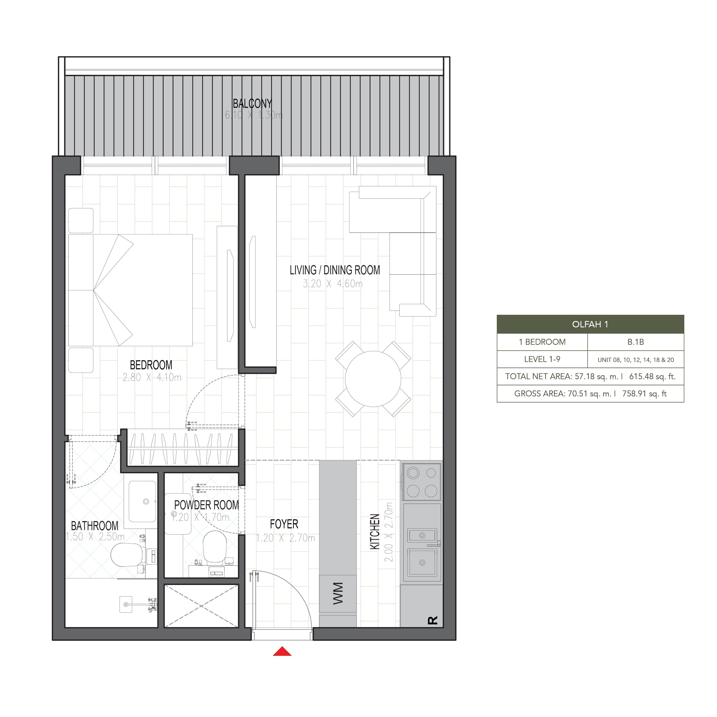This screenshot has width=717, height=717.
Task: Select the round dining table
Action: [x=373, y=379]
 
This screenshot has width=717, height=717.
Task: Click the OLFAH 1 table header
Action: [x=590, y=324]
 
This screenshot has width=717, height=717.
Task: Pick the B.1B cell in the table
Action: [x=636, y=342]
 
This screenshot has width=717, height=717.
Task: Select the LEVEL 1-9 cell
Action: [x=542, y=359]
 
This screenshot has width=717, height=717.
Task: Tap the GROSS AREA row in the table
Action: [x=590, y=394]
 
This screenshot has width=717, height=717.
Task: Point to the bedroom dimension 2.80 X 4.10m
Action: [x=152, y=377]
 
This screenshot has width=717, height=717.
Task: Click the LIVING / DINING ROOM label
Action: [x=335, y=270]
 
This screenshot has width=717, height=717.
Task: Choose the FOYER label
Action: [x=284, y=524]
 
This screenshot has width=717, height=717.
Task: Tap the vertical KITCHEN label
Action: [x=375, y=531]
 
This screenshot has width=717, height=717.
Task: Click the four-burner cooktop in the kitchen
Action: [x=422, y=482]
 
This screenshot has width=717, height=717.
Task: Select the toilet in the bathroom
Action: [x=127, y=555]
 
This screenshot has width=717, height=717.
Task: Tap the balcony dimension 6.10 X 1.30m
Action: [x=253, y=115]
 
